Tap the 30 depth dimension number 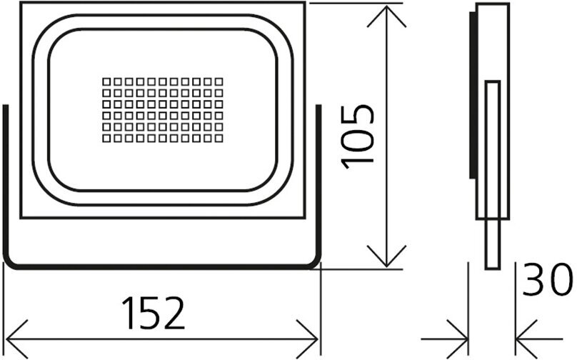click(548, 281)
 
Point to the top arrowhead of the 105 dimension click(386, 10)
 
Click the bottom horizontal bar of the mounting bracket click(162, 266)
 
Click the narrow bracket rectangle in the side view click(492, 174)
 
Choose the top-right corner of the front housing click(306, 3)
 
